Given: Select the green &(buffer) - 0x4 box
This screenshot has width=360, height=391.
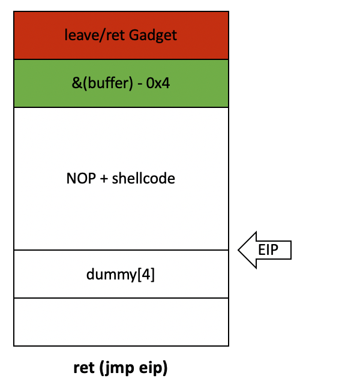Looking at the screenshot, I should (x=121, y=83).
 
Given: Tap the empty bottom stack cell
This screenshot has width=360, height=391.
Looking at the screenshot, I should (x=121, y=321).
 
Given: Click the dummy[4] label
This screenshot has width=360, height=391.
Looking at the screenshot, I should (x=121, y=275).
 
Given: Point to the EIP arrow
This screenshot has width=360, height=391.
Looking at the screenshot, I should (x=265, y=249).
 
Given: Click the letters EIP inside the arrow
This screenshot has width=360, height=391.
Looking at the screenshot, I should (x=269, y=249).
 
